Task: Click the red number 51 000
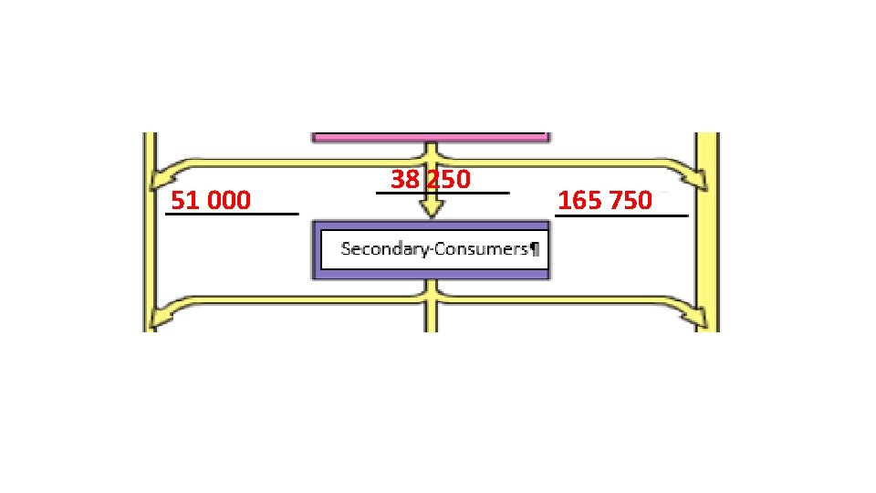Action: point(211,200)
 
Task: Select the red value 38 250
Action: point(431,180)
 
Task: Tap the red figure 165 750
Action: point(605,200)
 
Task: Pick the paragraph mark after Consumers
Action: point(534,248)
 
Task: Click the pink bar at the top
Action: point(431,137)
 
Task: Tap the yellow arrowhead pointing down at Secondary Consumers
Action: point(431,210)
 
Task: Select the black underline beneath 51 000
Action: point(232,215)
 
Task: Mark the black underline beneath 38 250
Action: point(443,193)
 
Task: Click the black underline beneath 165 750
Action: point(620,216)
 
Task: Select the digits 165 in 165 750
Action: point(576,200)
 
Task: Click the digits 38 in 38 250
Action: point(402,180)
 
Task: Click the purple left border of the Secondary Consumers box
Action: point(317,248)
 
